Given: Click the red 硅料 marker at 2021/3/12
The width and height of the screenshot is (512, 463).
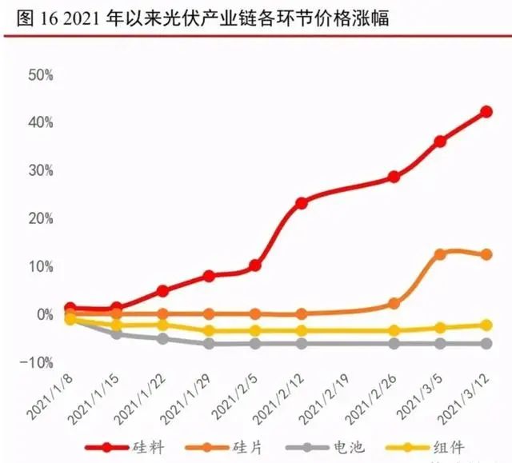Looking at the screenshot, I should [486, 112].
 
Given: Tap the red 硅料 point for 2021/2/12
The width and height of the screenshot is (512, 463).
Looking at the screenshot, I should [302, 203].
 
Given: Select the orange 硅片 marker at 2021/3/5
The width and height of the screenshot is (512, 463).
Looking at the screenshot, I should [440, 254].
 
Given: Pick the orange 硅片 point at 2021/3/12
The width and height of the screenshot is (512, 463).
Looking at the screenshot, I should [486, 254].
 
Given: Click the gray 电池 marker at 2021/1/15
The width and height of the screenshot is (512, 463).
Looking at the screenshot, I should [117, 334].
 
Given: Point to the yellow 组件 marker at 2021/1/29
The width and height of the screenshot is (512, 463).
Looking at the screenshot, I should [209, 330].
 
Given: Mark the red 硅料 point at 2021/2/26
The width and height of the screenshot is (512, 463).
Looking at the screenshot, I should [394, 177].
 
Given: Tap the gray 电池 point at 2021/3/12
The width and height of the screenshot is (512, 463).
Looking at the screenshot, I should [486, 343].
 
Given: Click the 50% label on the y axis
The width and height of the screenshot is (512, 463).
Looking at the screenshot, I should [40, 75].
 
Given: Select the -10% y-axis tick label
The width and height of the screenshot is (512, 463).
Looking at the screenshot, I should [38, 362].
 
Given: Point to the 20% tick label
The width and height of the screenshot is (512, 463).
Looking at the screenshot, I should [40, 218].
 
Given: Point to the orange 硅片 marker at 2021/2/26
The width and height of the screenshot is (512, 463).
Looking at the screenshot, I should [394, 304].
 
